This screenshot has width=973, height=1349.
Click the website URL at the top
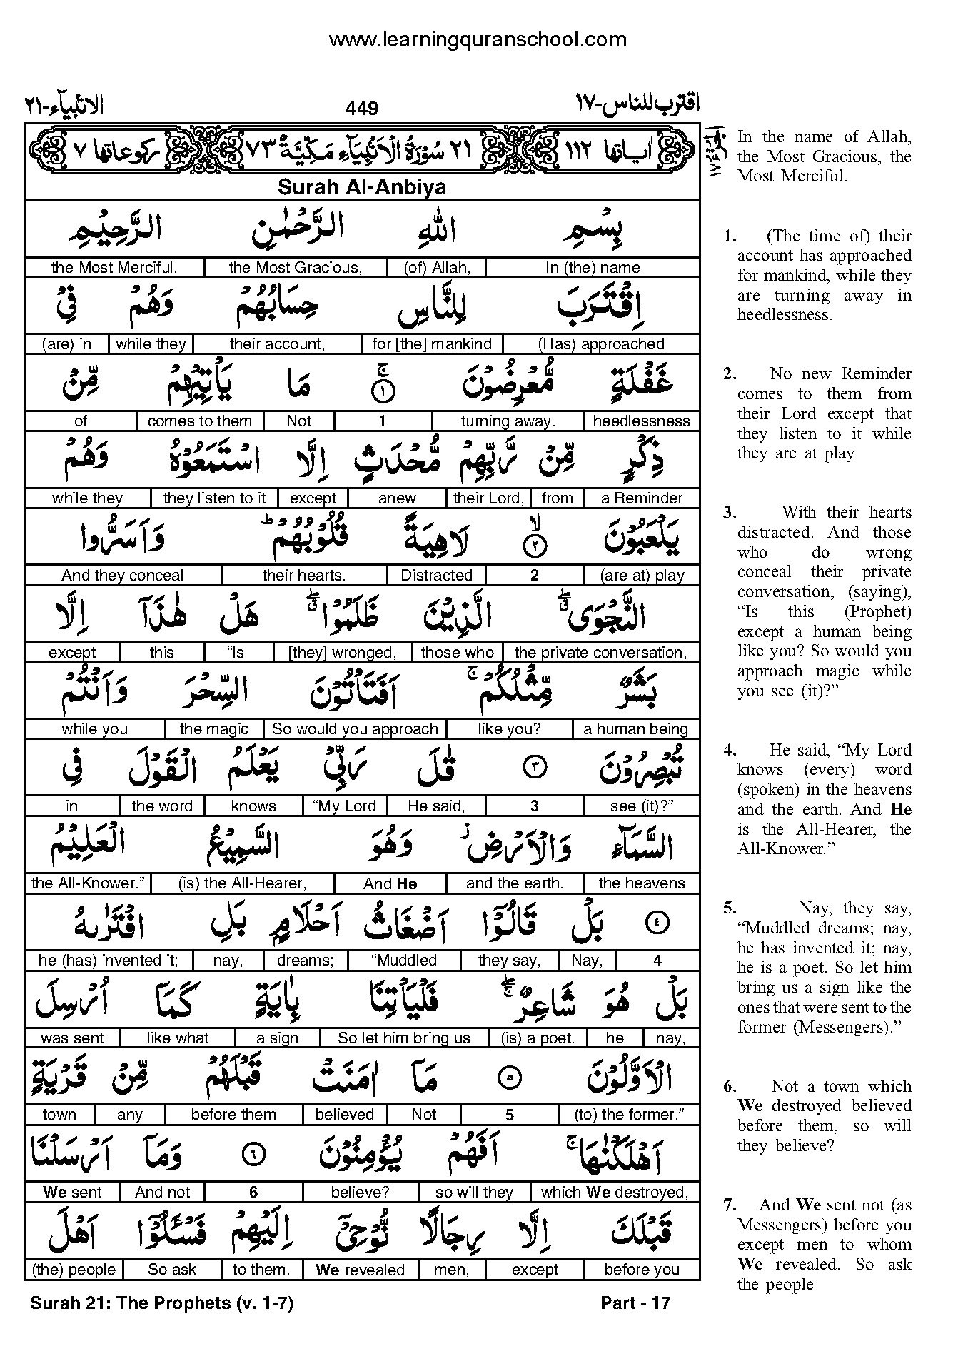(477, 39)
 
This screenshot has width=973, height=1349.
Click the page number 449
(361, 108)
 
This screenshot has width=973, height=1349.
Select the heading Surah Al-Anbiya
(361, 188)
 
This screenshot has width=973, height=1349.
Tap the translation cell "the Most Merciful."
(114, 268)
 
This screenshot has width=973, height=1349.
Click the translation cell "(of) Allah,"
(436, 268)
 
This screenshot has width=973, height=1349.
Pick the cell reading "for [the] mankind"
(432, 344)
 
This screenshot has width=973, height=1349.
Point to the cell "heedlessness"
(641, 421)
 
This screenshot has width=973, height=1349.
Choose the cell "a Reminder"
(641, 498)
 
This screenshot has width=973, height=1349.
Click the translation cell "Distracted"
(436, 576)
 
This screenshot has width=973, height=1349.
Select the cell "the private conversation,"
(600, 653)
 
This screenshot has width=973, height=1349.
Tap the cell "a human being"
(635, 729)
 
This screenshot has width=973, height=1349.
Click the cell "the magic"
(213, 729)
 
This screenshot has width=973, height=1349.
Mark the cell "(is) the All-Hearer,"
(243, 883)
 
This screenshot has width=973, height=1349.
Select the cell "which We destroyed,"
(614, 1192)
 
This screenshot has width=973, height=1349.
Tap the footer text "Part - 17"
(635, 1303)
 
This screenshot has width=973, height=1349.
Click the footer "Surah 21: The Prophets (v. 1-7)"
(161, 1303)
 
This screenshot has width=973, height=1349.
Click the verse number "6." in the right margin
(729, 1087)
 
